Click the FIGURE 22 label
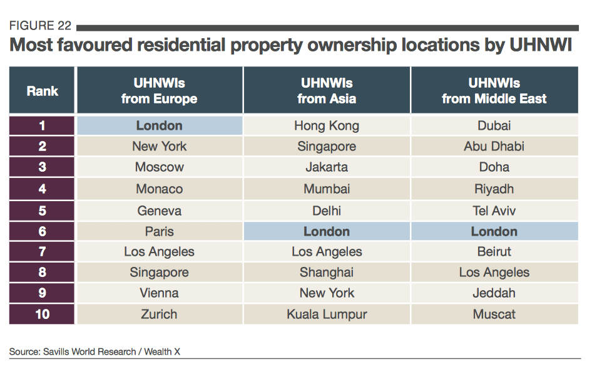coord(40,26)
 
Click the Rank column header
coord(42,91)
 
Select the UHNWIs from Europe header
coord(159,91)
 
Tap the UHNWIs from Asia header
coord(327,91)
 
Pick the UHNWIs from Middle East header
coord(494,91)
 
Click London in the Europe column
coord(159,125)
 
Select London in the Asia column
coord(327,231)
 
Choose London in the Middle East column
coord(494,231)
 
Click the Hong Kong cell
coord(327,126)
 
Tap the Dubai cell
coord(494,125)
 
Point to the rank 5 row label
coord(42,211)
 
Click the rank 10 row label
coord(42,314)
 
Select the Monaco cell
coord(159,189)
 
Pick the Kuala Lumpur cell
coord(327,315)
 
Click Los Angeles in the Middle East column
coord(494,273)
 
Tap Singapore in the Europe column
coord(159,273)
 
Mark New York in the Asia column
coord(327,293)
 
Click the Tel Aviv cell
coord(494,211)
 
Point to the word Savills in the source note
coord(56,352)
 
